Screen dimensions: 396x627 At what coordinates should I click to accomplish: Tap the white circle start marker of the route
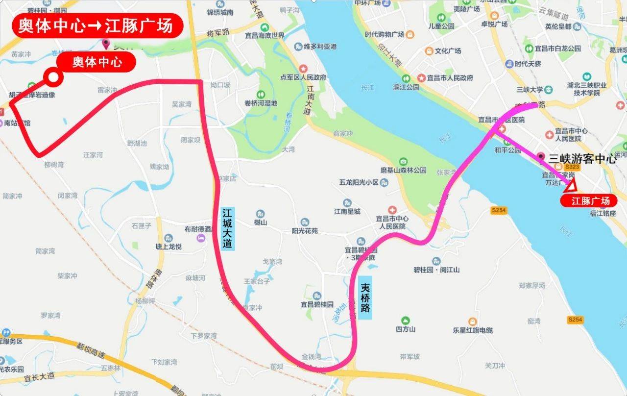tap(52, 77)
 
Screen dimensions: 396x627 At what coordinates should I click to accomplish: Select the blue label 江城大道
tap(227, 228)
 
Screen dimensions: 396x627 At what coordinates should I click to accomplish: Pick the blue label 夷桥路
tap(365, 298)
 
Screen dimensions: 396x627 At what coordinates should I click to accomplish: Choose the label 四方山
tap(406, 329)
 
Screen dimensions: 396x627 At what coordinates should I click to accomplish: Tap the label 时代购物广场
tap(384, 35)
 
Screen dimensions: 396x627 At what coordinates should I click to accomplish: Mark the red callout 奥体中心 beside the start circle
tap(96, 62)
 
